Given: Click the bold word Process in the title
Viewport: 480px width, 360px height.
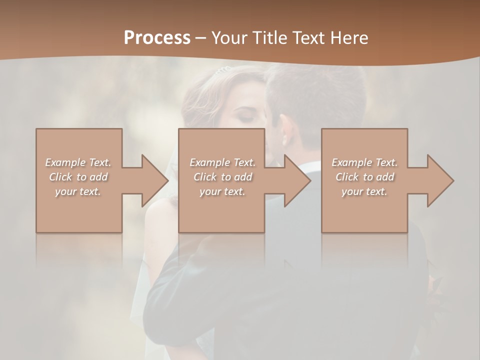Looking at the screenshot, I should point(157,37).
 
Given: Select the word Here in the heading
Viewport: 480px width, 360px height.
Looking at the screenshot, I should point(349,37).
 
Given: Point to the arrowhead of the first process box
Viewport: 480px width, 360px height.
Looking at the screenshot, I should point(154,180).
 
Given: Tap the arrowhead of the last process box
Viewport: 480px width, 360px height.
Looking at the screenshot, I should point(440,180).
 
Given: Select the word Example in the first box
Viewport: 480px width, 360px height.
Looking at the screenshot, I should point(65,162).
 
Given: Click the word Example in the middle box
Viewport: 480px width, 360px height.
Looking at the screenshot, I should point(209,162).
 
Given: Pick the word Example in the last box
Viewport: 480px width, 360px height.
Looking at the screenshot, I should point(351,162).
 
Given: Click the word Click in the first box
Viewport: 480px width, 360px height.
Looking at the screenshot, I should point(60,177).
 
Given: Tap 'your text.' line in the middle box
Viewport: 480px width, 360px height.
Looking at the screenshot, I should point(222,191).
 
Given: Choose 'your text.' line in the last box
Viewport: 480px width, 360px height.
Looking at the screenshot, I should point(364,191).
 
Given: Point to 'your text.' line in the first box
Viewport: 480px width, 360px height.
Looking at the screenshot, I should point(78,191).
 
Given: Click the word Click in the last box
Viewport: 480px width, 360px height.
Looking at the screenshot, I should point(346,177).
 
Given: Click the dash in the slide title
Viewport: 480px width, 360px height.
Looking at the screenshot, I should point(201,38).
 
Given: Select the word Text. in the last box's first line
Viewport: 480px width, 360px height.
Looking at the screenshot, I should point(386,162).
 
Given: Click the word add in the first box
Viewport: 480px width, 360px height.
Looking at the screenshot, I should point(99,177).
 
